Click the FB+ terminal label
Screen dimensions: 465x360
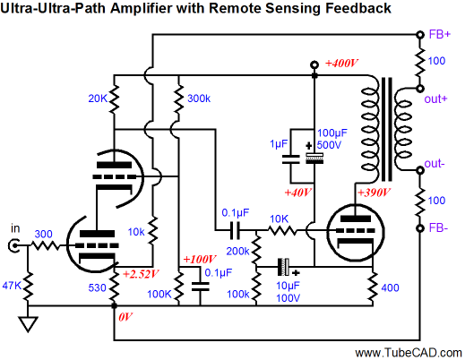click(439, 35)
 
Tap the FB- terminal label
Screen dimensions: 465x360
click(438, 228)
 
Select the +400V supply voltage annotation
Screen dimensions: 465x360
click(341, 64)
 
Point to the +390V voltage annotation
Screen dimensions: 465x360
click(374, 193)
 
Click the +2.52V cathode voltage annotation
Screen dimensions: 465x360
click(141, 274)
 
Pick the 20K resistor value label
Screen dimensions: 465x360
click(98, 99)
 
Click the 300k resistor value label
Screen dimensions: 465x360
click(199, 99)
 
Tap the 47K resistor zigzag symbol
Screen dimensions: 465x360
click(28, 286)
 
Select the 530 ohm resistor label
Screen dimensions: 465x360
click(97, 287)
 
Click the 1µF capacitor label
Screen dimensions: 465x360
click(279, 144)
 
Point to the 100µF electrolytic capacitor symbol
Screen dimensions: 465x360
click(314, 158)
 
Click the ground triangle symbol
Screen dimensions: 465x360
click(28, 324)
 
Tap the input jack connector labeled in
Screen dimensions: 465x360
click(13, 245)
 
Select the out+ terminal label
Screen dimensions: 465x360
click(435, 99)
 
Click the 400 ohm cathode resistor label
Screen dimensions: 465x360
click(390, 287)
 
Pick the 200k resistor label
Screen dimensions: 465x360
click(237, 252)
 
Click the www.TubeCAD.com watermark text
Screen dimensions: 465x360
click(409, 353)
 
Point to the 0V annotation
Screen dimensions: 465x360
click(125, 317)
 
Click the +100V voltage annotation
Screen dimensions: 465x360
click(199, 259)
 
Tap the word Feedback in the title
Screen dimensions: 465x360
click(358, 8)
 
